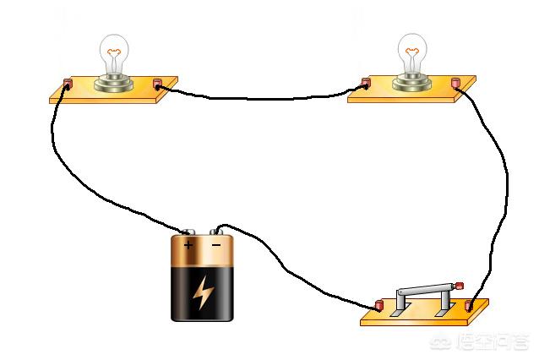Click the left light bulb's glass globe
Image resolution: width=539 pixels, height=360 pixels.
tap(114, 52)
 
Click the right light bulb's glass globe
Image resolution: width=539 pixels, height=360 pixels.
tap(413, 52)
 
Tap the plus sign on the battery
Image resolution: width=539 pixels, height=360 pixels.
tap(188, 245)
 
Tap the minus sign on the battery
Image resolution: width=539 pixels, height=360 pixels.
tap(216, 245)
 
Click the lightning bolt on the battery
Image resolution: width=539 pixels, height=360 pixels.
tap(203, 292)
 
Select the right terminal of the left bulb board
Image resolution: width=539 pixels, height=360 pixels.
tap(157, 84)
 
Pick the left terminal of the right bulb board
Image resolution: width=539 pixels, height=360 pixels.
tap(367, 84)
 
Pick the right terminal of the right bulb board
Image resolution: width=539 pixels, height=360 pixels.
tap(456, 83)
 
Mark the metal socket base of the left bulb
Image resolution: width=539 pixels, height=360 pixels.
tap(114, 82)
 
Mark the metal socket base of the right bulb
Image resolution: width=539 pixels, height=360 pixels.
tap(413, 82)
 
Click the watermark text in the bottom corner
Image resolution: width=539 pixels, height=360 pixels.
tap(492, 343)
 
